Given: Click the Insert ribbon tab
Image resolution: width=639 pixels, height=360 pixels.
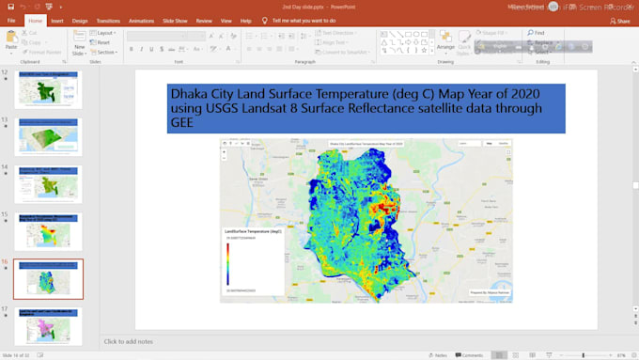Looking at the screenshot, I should point(57,21).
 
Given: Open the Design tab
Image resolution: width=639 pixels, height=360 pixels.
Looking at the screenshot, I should point(80,21).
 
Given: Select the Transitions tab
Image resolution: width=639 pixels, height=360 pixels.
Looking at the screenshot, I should point(108,21).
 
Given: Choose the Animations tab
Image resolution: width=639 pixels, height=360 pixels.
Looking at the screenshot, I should point(142,21).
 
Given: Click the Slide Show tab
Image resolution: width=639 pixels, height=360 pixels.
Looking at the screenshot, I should point(175,21).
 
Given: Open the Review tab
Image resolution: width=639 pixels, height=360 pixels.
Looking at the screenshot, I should point(204,21).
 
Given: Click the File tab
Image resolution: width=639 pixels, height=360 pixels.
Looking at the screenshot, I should point(12,21).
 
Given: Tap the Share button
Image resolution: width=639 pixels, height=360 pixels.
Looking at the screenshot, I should point(620,21).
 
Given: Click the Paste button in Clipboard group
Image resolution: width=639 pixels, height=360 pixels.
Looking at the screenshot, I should point(11,40).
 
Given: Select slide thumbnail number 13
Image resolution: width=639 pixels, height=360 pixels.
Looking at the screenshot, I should point(49,137).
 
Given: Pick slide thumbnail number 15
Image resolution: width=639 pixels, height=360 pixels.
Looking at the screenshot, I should point(49,232).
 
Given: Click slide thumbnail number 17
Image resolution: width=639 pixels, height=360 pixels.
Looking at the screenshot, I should point(49,326).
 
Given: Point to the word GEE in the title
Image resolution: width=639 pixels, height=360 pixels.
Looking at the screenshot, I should point(182,123).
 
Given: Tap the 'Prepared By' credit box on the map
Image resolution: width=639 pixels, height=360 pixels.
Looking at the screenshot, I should point(489,293).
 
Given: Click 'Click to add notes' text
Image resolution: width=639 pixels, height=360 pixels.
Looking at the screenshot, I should point(129,341).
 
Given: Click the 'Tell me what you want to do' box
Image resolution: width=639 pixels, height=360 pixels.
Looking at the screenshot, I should point(304,21).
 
